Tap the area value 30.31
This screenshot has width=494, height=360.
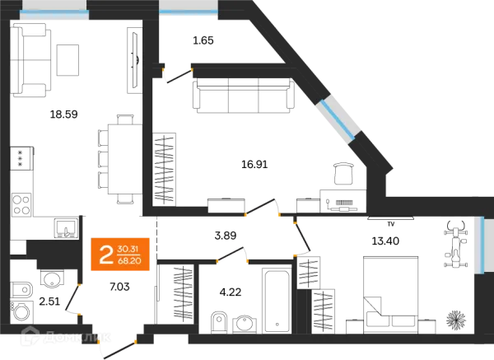click(x=127, y=246)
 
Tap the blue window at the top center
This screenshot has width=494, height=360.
click(x=188, y=11)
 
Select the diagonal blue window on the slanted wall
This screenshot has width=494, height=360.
click(x=338, y=118)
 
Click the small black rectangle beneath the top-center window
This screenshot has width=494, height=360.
click(x=203, y=39)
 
